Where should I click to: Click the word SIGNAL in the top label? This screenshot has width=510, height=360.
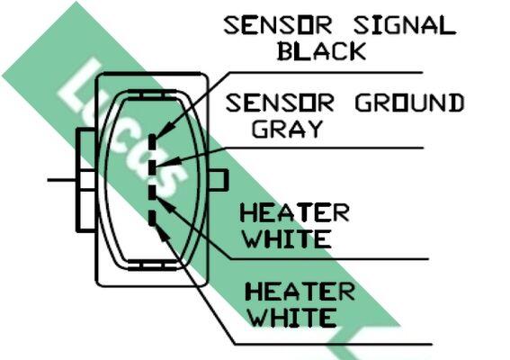pos(405,26)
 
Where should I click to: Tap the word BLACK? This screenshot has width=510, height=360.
pos(322,51)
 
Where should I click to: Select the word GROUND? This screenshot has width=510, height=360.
pos(409,103)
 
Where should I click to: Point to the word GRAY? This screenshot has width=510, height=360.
pos(288,129)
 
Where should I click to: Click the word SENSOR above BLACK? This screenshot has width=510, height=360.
pos(278,26)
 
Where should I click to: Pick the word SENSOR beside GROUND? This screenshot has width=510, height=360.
pos(280,103)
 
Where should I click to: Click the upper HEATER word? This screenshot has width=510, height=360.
pos(295,213)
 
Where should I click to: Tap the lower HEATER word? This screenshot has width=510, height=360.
pos(300,292)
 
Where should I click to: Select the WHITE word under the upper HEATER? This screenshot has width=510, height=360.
pos(288,238)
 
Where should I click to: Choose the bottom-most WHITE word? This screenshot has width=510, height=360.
pos(292,318)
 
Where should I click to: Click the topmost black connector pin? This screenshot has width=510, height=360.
pos(152,142)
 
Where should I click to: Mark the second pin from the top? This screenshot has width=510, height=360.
pos(152,167)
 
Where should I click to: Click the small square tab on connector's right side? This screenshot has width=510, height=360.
pos(218,180)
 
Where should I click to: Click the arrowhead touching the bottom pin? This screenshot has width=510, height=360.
pos(164,233)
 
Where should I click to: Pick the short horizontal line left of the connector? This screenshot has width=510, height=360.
pos(62,180)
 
